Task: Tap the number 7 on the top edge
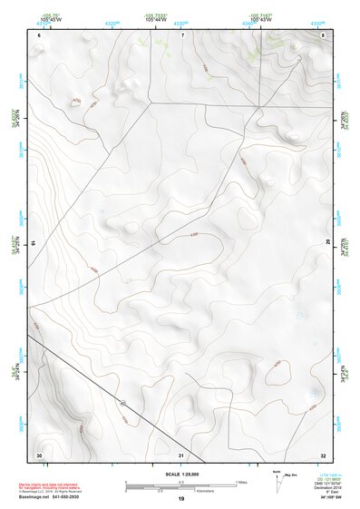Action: [181, 35]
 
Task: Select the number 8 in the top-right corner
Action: [324, 35]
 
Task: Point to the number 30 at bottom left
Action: [38, 454]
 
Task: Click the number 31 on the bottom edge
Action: [180, 455]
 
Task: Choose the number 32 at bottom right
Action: [323, 455]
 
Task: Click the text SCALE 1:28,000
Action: [180, 474]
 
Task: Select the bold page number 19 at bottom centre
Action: [180, 500]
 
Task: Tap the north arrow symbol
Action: [277, 480]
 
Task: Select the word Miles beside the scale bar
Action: [242, 481]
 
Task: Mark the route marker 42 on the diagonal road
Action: [122, 401]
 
